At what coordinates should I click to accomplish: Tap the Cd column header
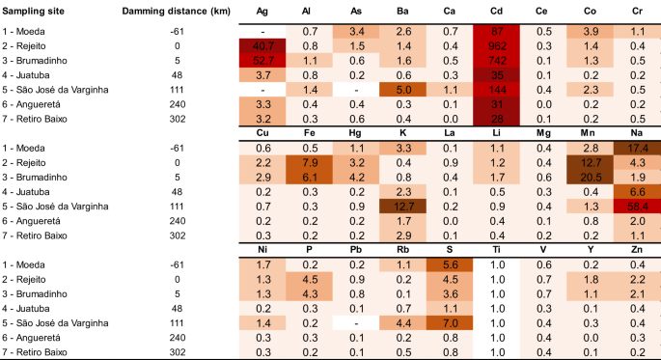(x=497, y=10)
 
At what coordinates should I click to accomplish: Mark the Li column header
(x=497, y=132)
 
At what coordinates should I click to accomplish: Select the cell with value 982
(x=497, y=46)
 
